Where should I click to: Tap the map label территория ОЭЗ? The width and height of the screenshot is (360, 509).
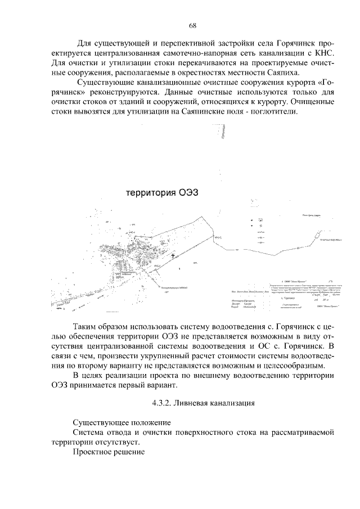coord(163,193)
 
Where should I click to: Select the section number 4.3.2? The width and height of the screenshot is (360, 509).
coord(163,403)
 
